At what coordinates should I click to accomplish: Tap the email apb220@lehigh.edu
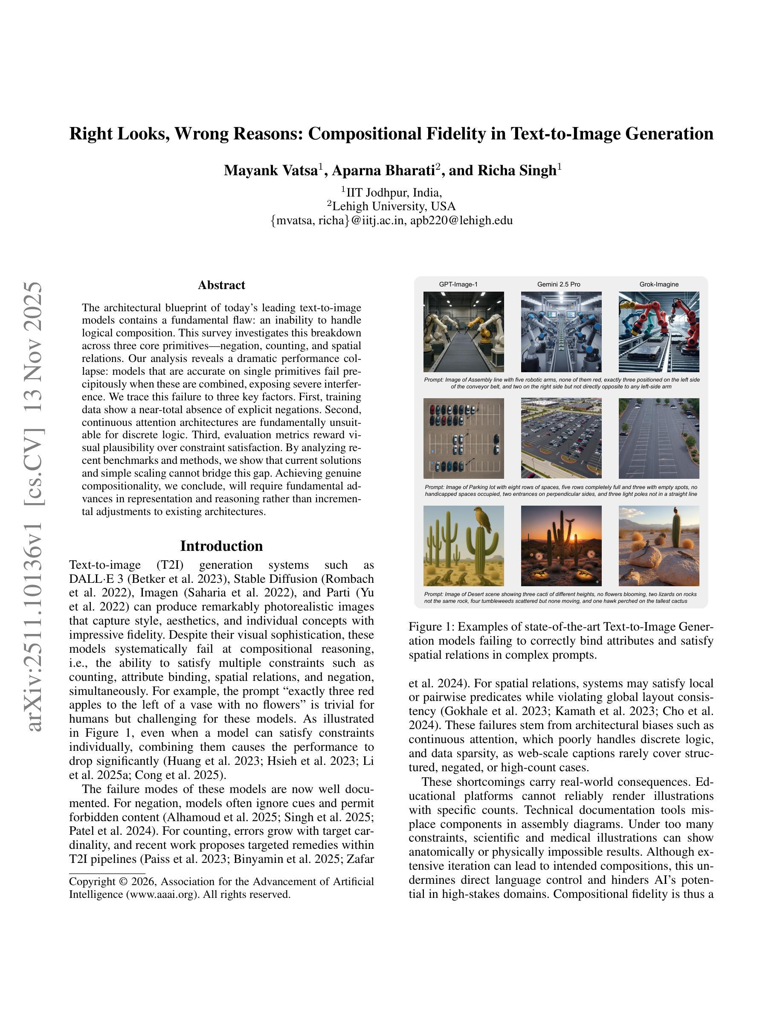coord(461,220)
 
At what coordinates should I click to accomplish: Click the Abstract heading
coord(221,285)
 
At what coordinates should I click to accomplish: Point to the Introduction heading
coord(221,546)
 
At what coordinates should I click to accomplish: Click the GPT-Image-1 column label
coord(458,284)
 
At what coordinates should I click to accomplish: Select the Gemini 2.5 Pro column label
coord(559,284)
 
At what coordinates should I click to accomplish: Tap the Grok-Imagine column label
coord(659,284)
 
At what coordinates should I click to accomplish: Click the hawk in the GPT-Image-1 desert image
coord(481,518)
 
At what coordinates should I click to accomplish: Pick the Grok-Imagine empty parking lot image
coord(659,438)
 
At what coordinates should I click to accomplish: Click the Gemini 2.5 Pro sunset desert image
coord(561,545)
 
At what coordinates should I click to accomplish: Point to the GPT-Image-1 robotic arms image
coord(464,332)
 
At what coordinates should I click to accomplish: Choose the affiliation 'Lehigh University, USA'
coord(393,206)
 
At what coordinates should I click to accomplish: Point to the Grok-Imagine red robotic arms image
coord(659,332)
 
